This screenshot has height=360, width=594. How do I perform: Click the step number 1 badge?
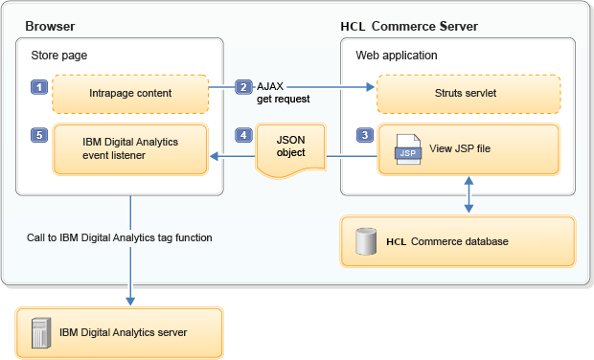pyautogui.click(x=39, y=87)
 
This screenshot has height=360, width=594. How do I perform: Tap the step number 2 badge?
pyautogui.click(x=243, y=87)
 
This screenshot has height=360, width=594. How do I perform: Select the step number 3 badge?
pyautogui.click(x=365, y=135)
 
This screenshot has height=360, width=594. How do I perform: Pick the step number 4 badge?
pyautogui.click(x=243, y=135)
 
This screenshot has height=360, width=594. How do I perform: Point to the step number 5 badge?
pyautogui.click(x=39, y=135)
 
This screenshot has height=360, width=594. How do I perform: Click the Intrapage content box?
pyautogui.click(x=130, y=94)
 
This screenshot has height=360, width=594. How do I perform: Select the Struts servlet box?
pyautogui.click(x=468, y=94)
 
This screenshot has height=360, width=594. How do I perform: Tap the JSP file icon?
pyautogui.click(x=408, y=149)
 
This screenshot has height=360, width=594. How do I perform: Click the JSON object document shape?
pyautogui.click(x=290, y=150)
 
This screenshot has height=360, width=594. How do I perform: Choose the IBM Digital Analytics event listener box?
pyautogui.click(x=130, y=149)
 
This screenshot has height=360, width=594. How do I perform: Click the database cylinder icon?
pyautogui.click(x=366, y=241)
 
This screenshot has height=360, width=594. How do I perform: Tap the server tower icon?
pyautogui.click(x=41, y=333)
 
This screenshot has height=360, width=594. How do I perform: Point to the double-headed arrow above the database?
pyautogui.click(x=468, y=194)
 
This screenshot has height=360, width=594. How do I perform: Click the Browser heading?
pyautogui.click(x=50, y=26)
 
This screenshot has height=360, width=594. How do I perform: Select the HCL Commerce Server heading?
pyautogui.click(x=409, y=26)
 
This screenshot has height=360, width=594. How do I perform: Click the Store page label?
pyautogui.click(x=59, y=56)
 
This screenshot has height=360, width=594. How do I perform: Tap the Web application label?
pyautogui.click(x=397, y=56)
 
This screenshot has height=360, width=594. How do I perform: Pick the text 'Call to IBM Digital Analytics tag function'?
pyautogui.click(x=120, y=237)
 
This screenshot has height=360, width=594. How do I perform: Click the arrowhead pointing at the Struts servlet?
pyautogui.click(x=370, y=87)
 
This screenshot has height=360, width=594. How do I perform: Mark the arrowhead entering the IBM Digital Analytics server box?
pyautogui.click(x=130, y=301)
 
